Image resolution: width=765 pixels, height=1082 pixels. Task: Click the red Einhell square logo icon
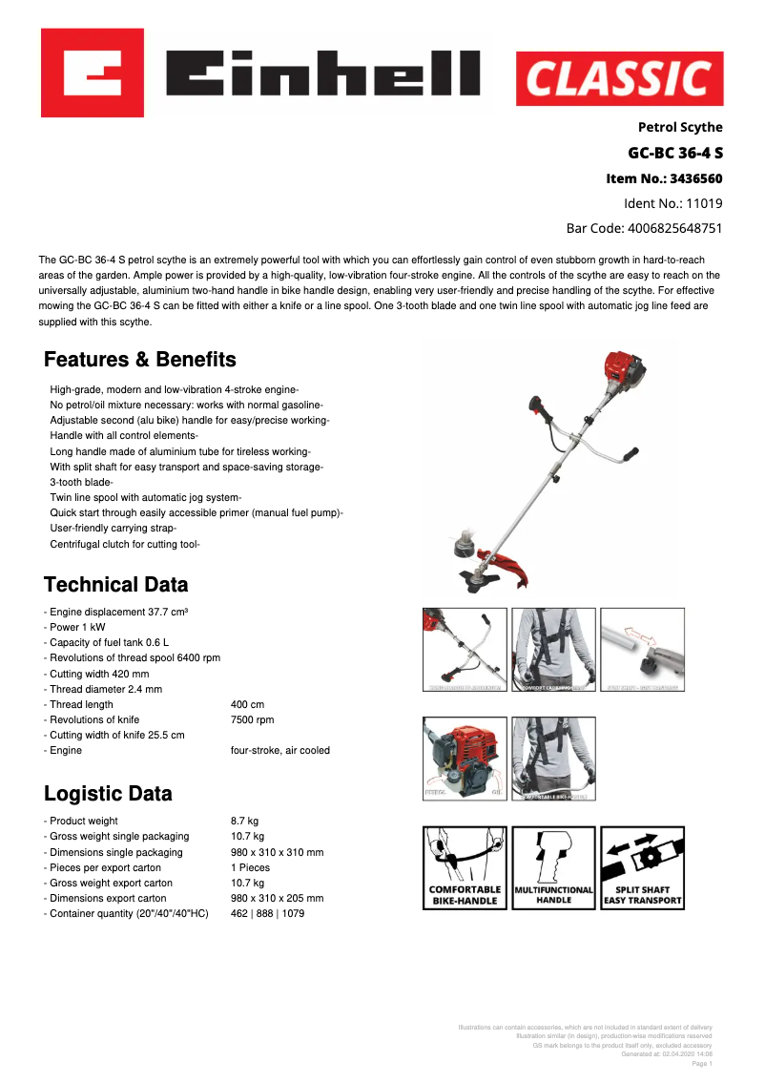(x=92, y=73)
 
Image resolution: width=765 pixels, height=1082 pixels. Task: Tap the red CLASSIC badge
(x=619, y=78)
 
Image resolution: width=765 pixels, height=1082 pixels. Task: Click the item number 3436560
(x=665, y=178)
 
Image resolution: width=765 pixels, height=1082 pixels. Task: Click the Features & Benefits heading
(x=140, y=360)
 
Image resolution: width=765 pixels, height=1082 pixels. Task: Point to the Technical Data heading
(x=116, y=584)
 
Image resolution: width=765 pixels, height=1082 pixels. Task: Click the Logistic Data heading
(x=109, y=793)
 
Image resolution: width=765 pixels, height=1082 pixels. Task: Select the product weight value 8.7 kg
(x=245, y=821)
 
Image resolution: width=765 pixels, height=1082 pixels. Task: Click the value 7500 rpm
(x=253, y=719)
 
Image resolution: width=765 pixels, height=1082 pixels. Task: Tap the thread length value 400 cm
(x=248, y=704)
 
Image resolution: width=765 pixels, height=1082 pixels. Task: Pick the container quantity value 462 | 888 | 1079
(x=268, y=913)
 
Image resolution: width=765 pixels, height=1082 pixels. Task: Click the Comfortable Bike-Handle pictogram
(x=465, y=867)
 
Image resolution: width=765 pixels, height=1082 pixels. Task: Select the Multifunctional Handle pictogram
(x=553, y=867)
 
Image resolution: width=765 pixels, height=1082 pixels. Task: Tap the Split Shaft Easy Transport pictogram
(x=642, y=867)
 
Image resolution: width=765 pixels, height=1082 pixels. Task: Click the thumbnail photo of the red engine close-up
(x=465, y=759)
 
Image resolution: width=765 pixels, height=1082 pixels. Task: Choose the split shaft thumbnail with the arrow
(x=642, y=650)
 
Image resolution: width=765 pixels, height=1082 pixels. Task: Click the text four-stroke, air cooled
(x=280, y=750)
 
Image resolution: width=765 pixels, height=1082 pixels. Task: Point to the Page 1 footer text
(x=701, y=1063)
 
